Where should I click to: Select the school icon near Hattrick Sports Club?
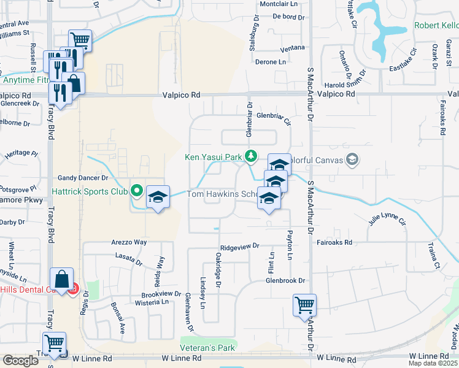click(158, 197)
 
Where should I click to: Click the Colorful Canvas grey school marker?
click(352, 161)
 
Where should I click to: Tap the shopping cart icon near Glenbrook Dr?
click(304, 304)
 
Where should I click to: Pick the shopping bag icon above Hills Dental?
click(62, 279)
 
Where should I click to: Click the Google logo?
click(20, 360)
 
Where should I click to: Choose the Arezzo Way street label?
click(129, 242)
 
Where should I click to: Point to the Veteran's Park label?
click(207, 347)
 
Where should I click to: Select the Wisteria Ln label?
click(152, 302)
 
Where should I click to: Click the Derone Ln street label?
click(271, 63)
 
